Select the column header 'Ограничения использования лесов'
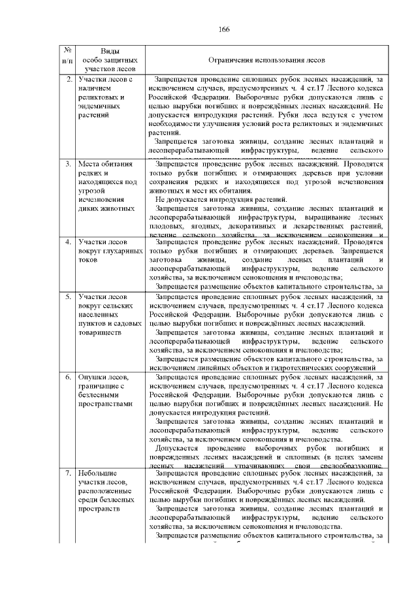264,59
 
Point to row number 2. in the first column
69,79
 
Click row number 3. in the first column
69,164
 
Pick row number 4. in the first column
69,242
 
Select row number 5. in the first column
69,296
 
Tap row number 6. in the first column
69,377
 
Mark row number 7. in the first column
69,472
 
